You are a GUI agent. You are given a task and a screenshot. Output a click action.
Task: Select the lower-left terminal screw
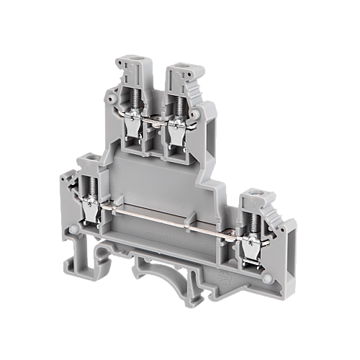[91, 192]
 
